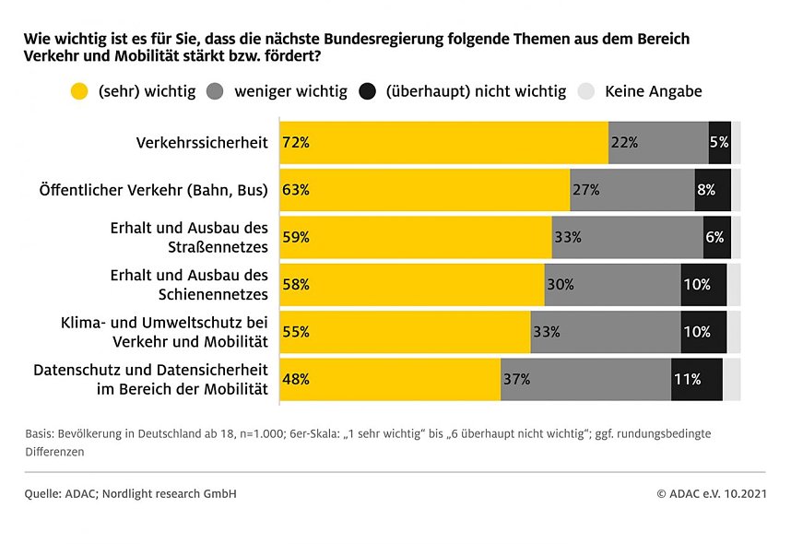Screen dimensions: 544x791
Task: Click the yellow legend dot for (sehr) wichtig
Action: pyautogui.click(x=79, y=91)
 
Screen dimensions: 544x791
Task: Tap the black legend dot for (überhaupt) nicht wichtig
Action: pyautogui.click(x=368, y=91)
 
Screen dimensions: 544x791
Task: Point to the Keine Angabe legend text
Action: pyautogui.click(x=654, y=91)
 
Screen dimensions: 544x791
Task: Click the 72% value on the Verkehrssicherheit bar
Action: pyautogui.click(x=297, y=143)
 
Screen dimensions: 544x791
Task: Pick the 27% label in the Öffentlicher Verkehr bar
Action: pyautogui.click(x=586, y=190)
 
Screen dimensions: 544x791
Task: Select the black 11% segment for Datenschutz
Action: pyautogui.click(x=696, y=379)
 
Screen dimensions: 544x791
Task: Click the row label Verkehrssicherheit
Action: pyautogui.click(x=202, y=143)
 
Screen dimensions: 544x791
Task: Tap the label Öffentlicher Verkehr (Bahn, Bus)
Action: pyautogui.click(x=153, y=190)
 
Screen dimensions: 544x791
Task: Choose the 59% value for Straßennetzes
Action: pyautogui.click(x=297, y=237)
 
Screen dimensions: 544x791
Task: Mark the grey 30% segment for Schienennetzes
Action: pyautogui.click(x=612, y=285)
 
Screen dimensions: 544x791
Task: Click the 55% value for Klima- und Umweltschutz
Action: pyautogui.click(x=297, y=332)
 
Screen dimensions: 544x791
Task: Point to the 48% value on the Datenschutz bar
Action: pyautogui.click(x=297, y=379)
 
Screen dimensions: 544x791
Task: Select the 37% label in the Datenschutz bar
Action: pyautogui.click(x=517, y=379)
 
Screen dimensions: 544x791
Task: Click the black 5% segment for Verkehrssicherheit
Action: pyautogui.click(x=719, y=143)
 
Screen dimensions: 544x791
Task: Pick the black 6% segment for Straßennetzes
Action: pyautogui.click(x=716, y=237)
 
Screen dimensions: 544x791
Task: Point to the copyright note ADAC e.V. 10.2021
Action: pyautogui.click(x=715, y=494)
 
